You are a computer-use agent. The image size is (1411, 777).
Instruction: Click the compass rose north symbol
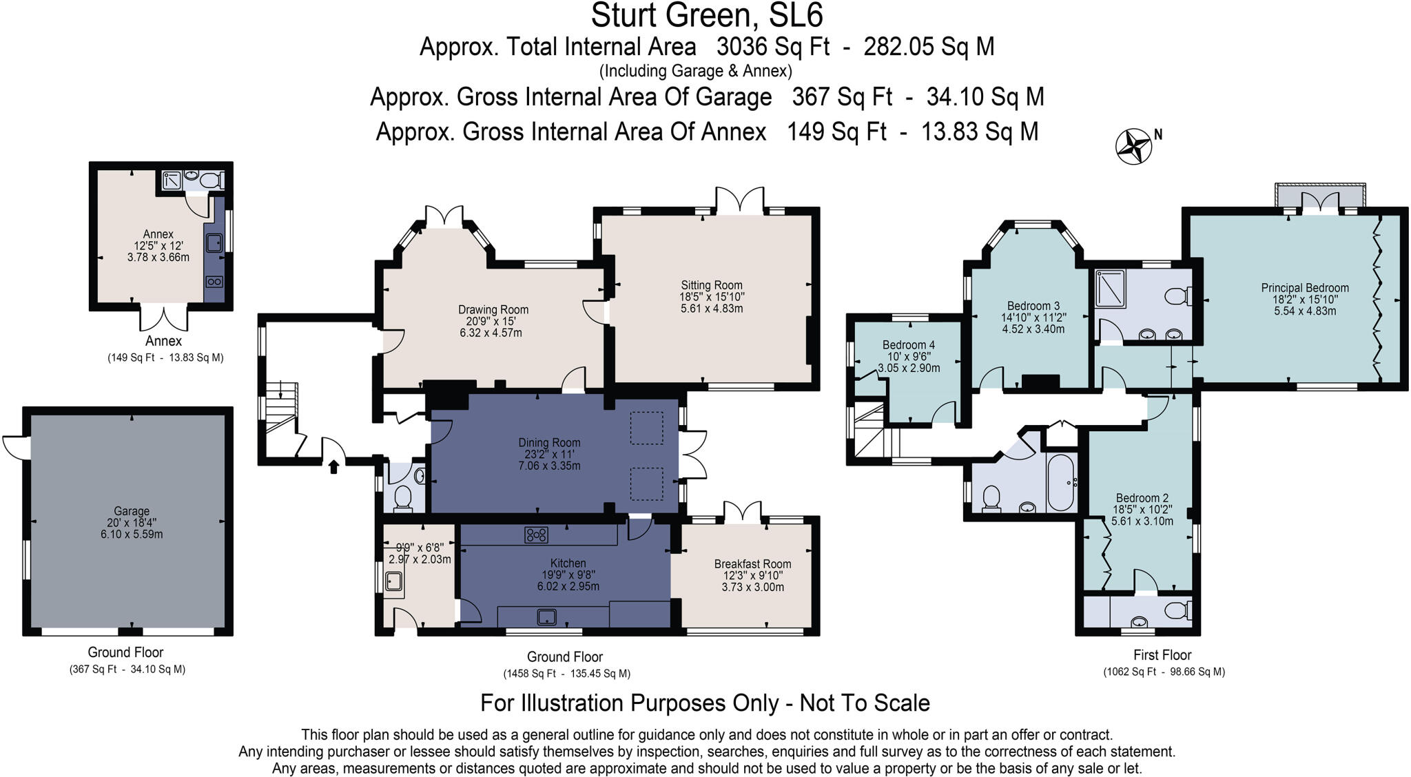[1133, 147]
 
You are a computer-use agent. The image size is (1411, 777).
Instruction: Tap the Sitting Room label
[712, 285]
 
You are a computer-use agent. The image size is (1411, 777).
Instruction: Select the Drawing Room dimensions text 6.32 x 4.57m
[491, 333]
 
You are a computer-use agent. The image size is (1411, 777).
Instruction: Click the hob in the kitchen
[536, 535]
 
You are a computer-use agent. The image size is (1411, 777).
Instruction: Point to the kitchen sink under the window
[546, 616]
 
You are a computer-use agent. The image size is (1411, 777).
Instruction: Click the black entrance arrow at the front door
[333, 468]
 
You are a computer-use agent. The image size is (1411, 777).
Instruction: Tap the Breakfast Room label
[752, 564]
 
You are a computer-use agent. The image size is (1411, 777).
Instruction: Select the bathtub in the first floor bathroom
[1061, 482]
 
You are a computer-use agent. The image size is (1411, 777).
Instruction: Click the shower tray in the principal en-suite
[1110, 289]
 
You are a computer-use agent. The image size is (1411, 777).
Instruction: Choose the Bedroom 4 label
[908, 345]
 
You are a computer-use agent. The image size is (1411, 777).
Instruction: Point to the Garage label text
[131, 511]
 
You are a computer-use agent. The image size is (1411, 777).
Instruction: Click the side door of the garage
[15, 447]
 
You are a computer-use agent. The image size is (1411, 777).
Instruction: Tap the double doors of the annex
[164, 317]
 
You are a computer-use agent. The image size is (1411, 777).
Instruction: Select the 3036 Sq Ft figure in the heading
[773, 47]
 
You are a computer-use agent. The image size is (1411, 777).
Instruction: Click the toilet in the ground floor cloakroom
[403, 498]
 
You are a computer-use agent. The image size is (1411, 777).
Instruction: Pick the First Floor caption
[1162, 655]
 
